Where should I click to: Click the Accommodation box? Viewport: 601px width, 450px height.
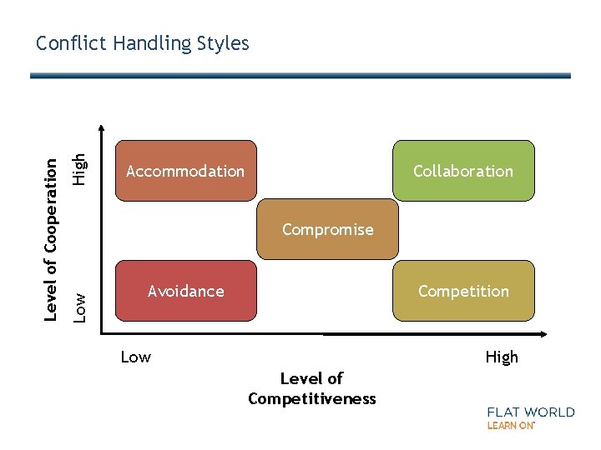(x=185, y=171)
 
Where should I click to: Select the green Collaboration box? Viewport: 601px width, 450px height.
(x=463, y=171)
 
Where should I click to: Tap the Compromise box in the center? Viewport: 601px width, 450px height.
(x=327, y=229)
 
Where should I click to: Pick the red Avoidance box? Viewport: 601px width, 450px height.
(x=185, y=291)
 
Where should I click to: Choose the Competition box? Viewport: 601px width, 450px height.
(x=463, y=291)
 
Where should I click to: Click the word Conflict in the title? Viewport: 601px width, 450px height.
(x=69, y=43)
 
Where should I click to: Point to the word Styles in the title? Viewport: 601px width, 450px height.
(x=222, y=43)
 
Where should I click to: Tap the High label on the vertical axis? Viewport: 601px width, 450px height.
(x=78, y=168)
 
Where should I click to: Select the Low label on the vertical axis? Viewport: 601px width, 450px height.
(x=78, y=307)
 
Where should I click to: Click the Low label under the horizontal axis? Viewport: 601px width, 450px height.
(x=135, y=357)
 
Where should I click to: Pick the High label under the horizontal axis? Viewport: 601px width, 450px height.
(x=502, y=357)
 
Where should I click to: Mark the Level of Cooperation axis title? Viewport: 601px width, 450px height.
(x=51, y=228)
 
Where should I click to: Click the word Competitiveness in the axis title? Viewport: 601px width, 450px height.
(x=312, y=399)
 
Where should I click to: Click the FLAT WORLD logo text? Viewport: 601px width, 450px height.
(x=531, y=412)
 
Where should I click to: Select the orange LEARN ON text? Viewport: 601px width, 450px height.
(x=510, y=426)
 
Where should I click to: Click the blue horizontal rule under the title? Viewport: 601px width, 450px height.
(x=300, y=76)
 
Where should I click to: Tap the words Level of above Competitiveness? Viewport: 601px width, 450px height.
(x=311, y=379)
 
